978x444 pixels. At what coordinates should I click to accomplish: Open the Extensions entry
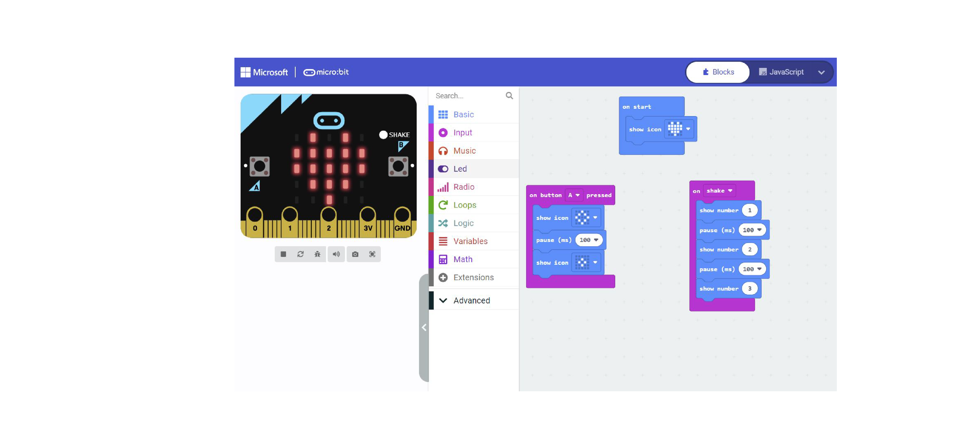473,277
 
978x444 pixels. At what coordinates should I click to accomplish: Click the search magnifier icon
509,96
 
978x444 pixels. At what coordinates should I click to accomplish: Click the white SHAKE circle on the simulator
383,135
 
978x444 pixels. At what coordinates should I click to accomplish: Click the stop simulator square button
283,254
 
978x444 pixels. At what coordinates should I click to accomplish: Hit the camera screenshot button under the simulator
355,254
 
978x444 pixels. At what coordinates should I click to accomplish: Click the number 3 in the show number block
750,289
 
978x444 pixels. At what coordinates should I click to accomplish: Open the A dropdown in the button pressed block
573,195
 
